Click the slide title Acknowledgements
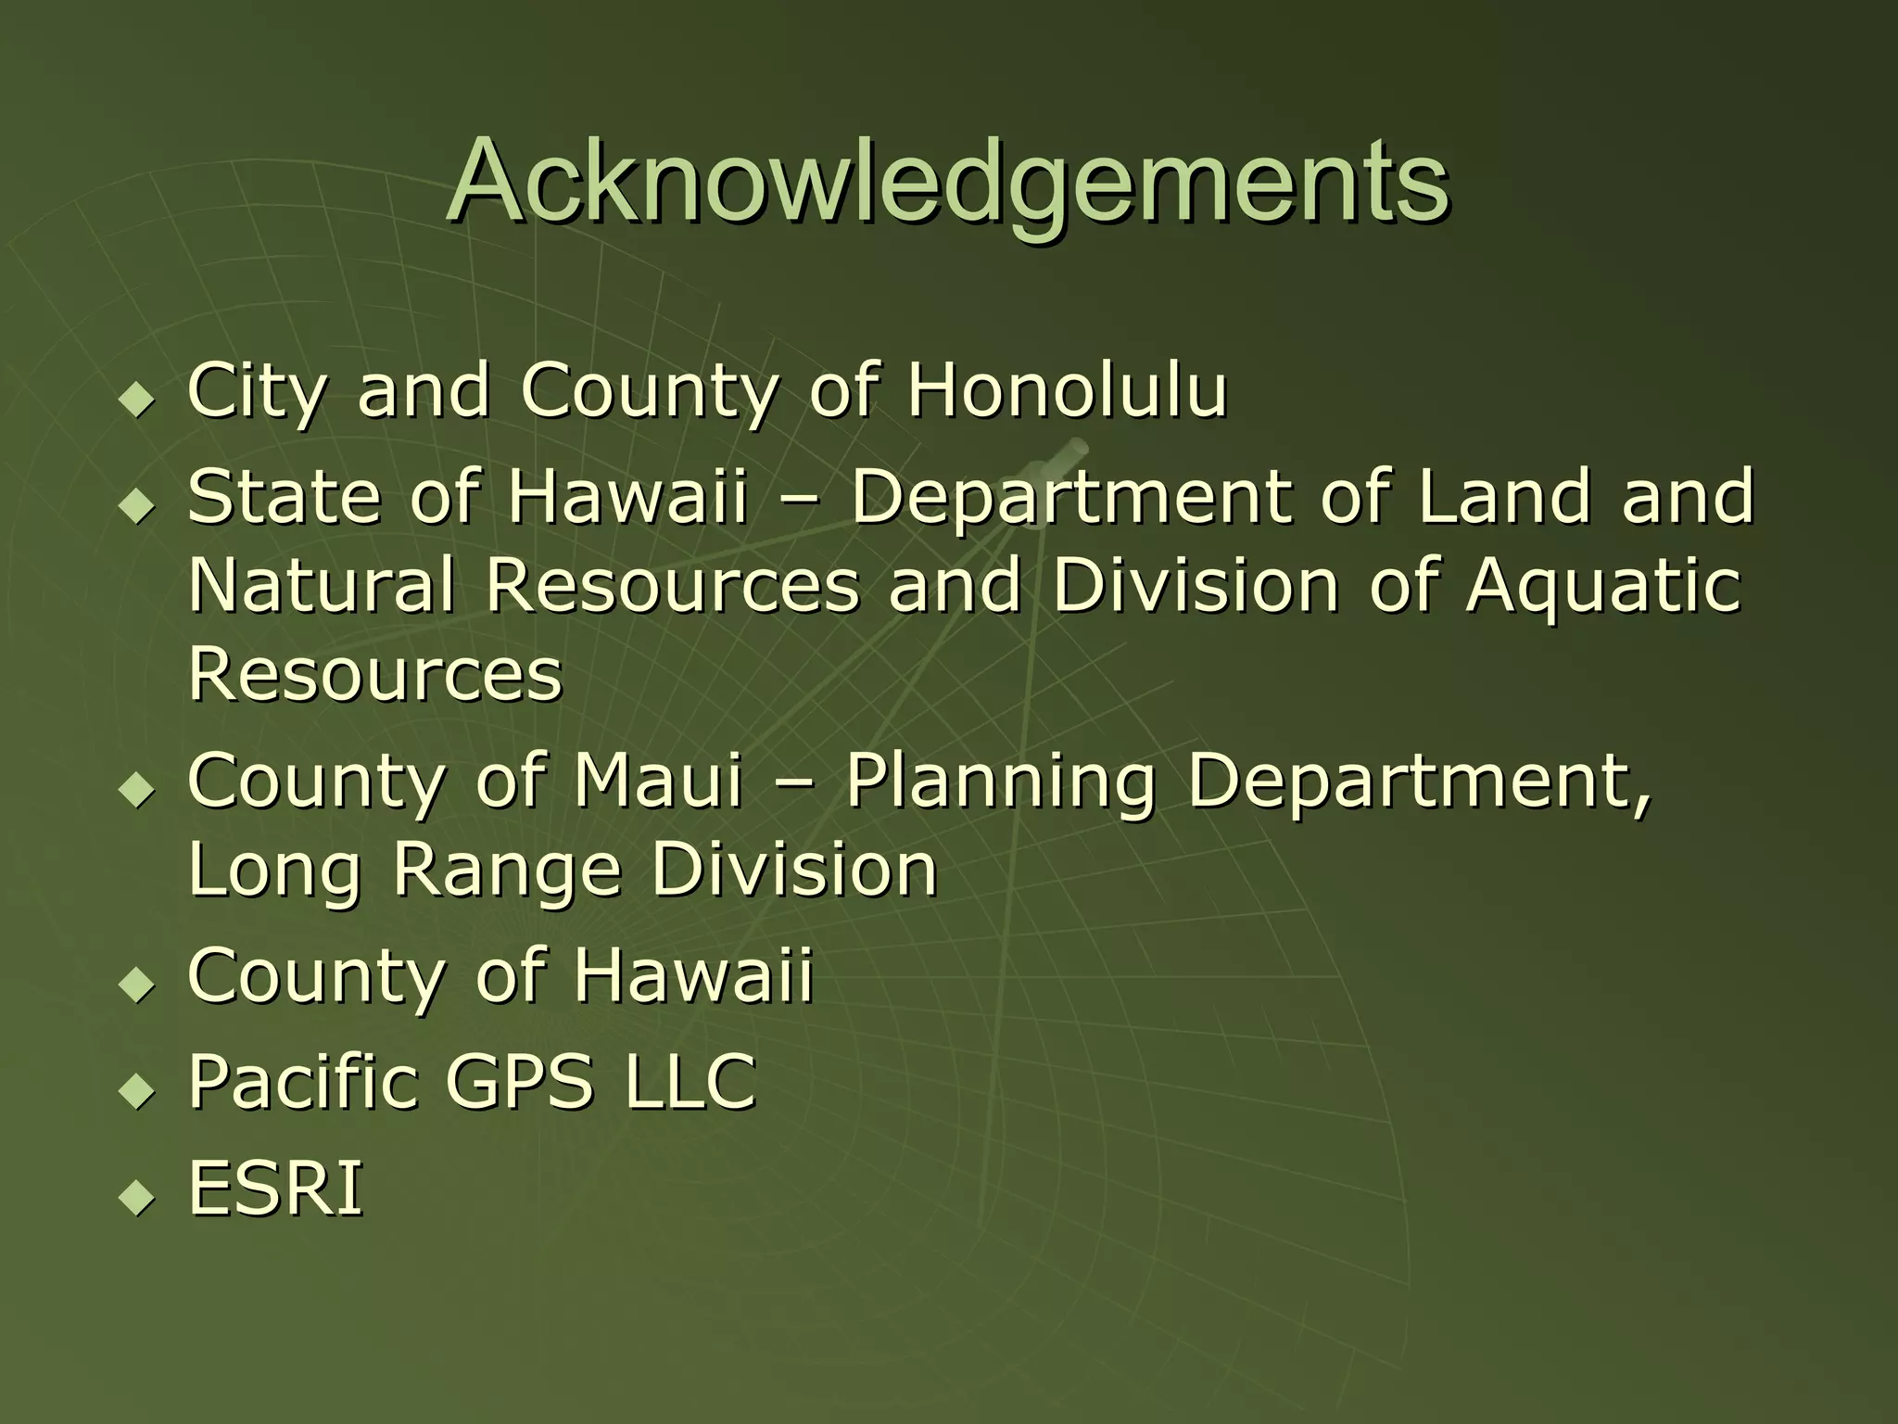[x=947, y=182]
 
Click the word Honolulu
[x=1067, y=390]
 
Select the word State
[x=284, y=496]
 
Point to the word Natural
[x=322, y=585]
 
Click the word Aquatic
[x=1603, y=585]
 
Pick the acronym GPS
[x=519, y=1081]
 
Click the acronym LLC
[x=690, y=1081]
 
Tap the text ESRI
[x=275, y=1188]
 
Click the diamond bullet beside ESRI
[x=139, y=1197]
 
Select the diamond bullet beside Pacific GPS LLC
[x=139, y=1090]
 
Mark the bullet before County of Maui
[x=139, y=790]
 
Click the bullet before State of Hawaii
[x=139, y=505]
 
